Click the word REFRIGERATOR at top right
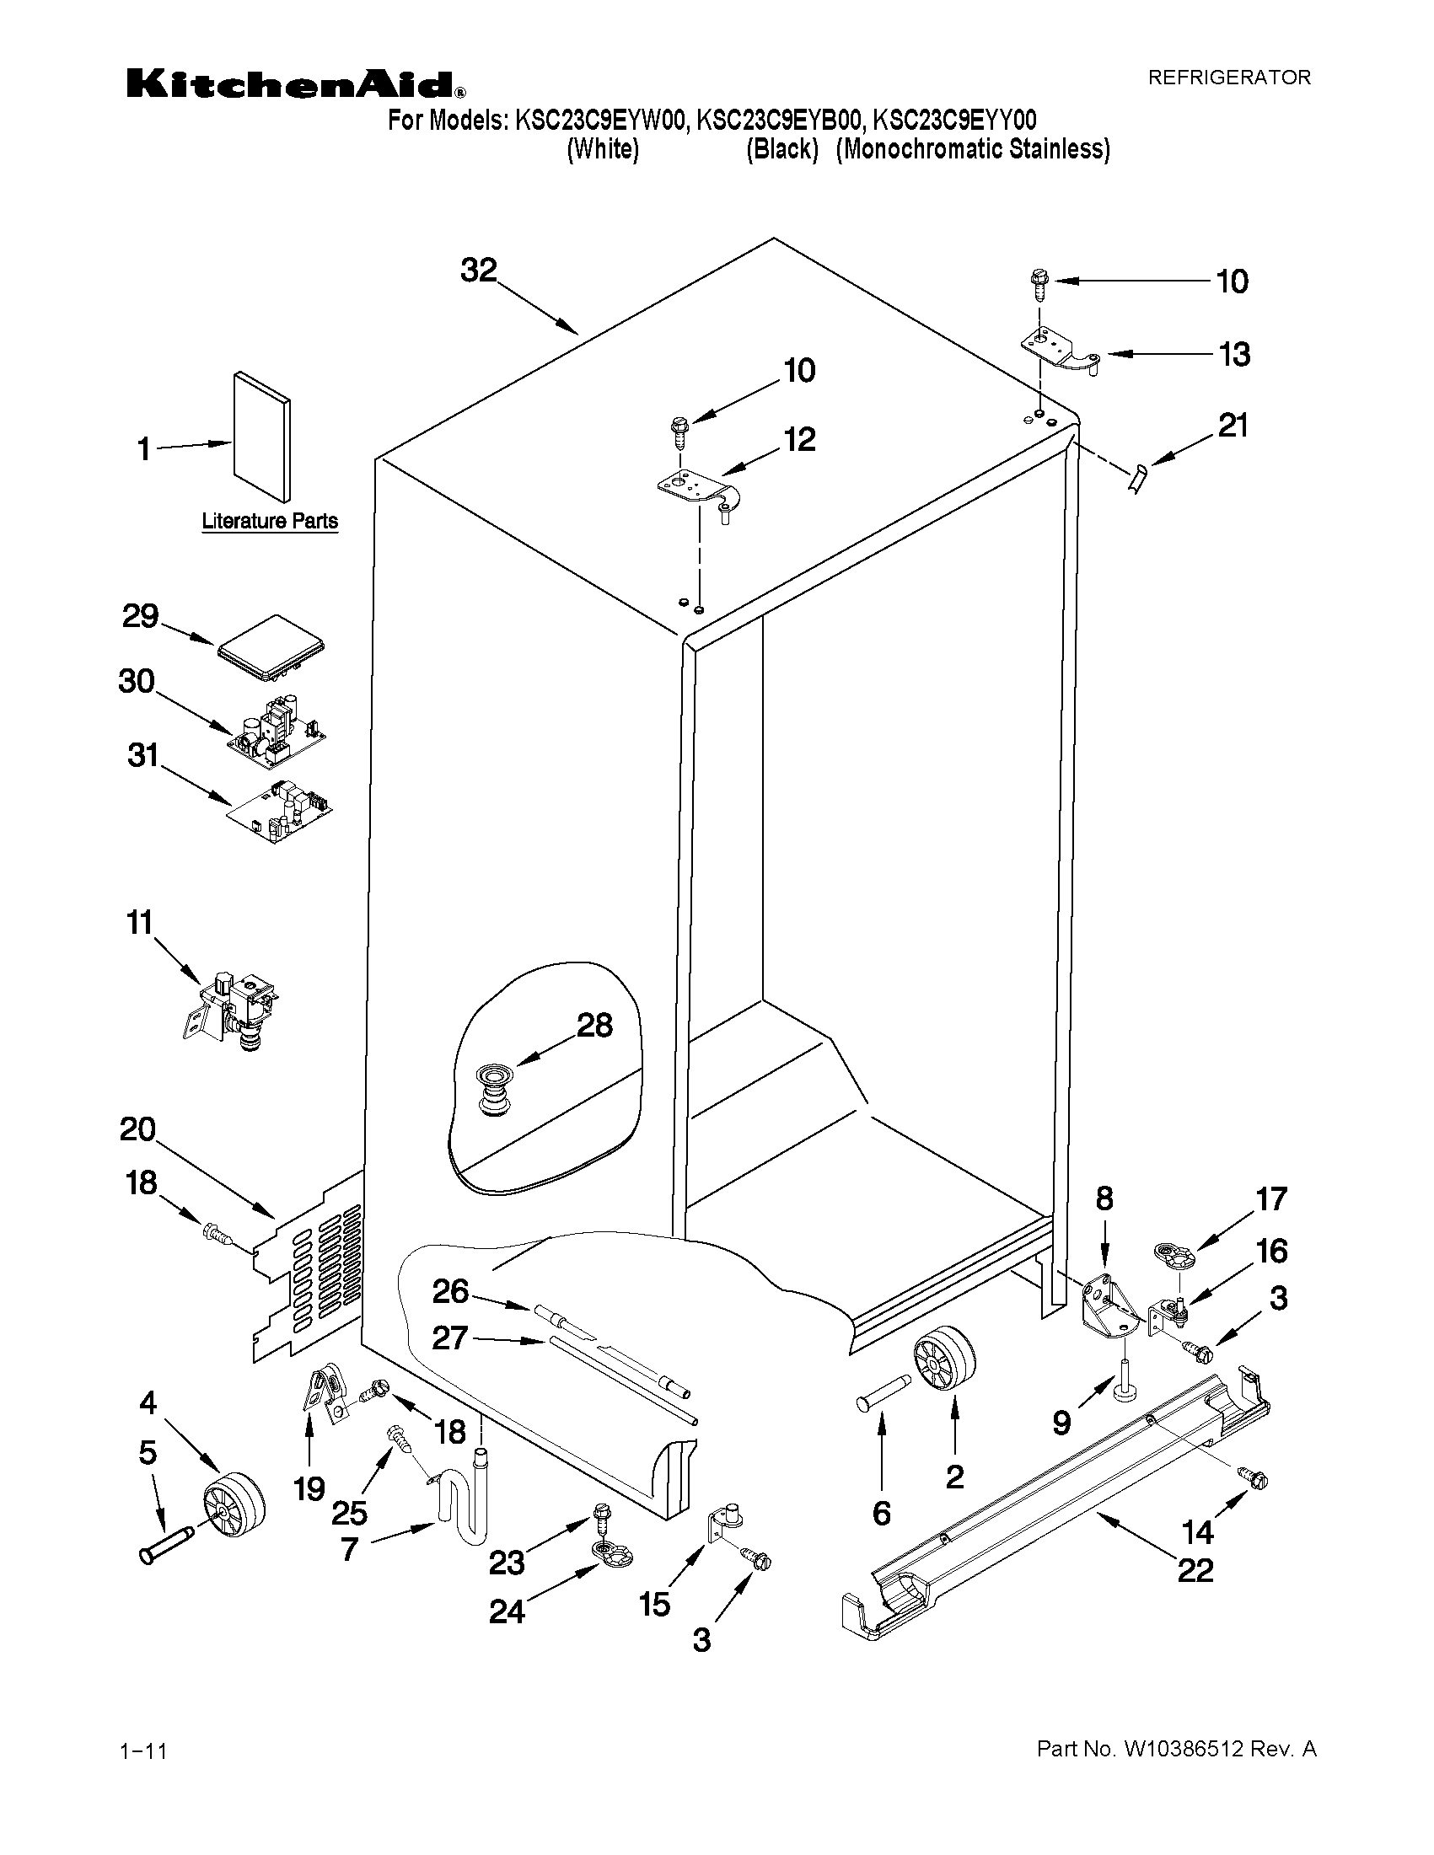point(1229,78)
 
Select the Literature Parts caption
point(269,521)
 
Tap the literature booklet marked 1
point(261,436)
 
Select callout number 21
point(1233,426)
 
